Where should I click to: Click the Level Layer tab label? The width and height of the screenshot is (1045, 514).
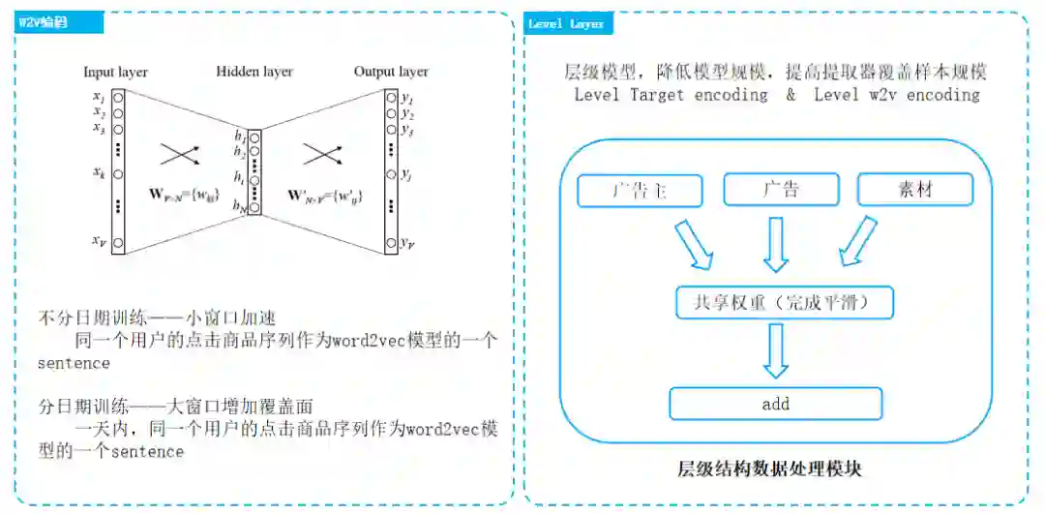[x=567, y=23]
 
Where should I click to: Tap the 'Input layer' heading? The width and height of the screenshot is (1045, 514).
[x=115, y=72]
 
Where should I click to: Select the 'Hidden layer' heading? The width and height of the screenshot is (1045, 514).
[x=254, y=72]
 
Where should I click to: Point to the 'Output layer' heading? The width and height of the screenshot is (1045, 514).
[x=391, y=72]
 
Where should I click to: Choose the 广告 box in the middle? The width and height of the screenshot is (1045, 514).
[x=781, y=189]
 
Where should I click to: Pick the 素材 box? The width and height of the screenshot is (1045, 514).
[x=914, y=189]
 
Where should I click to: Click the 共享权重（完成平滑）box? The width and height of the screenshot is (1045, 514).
[x=784, y=302]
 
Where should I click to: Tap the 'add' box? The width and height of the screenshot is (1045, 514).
[x=776, y=404]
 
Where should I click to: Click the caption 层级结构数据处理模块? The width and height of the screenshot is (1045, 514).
[x=769, y=469]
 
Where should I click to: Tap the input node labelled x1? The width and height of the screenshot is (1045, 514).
[x=118, y=98]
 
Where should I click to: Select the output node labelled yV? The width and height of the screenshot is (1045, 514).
[x=391, y=243]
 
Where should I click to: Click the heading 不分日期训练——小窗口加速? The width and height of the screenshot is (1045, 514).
[x=157, y=317]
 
